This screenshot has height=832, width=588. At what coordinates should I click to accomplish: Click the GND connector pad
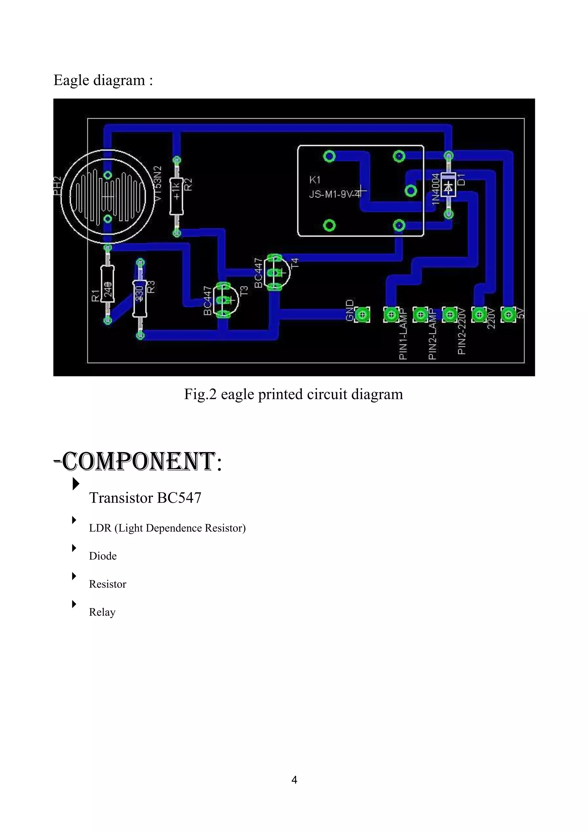pos(362,315)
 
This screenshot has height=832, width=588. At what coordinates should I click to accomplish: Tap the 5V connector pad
pos(508,315)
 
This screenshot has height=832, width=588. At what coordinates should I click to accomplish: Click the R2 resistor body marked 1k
pos(177,196)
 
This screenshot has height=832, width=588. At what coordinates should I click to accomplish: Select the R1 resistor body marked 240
pos(108,284)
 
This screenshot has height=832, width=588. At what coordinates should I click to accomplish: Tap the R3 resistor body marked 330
pos(140,298)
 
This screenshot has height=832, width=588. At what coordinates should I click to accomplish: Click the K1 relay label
pos(315,180)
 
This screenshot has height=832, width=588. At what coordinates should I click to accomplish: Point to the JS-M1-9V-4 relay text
pos(335,195)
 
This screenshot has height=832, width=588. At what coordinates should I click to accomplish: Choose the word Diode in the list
pos(103,556)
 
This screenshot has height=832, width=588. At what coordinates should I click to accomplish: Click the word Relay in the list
pos(102,612)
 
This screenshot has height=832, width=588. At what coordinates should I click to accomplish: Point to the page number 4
pos(294,779)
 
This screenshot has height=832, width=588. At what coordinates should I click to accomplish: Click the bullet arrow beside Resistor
pos(74,576)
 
